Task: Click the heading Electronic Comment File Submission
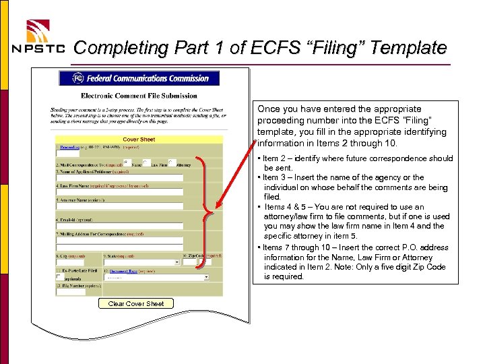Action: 139,96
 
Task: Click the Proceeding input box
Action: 67,154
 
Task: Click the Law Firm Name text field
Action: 119,192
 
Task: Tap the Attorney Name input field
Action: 119,207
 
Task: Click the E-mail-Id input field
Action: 119,226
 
